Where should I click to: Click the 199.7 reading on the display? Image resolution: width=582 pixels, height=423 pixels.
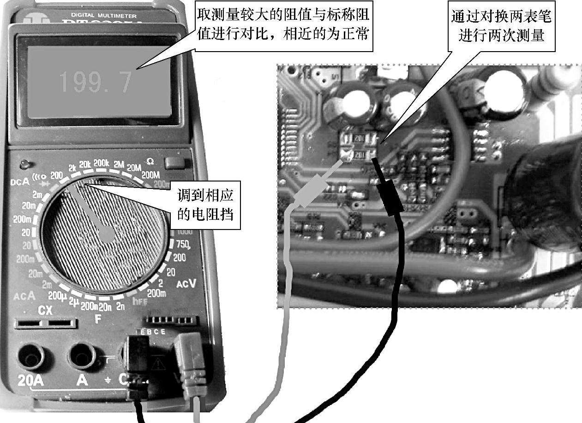coord(95,82)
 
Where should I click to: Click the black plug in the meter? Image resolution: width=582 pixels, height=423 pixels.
coord(138,357)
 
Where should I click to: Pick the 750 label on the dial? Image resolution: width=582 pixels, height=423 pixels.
coord(183,244)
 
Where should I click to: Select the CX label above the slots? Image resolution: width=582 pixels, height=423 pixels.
coord(45,310)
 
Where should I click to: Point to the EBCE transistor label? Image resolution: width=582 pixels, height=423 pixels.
coord(150,332)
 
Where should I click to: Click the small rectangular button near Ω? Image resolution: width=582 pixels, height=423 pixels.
coord(174,163)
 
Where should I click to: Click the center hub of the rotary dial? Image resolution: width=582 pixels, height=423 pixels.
coord(107,235)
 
